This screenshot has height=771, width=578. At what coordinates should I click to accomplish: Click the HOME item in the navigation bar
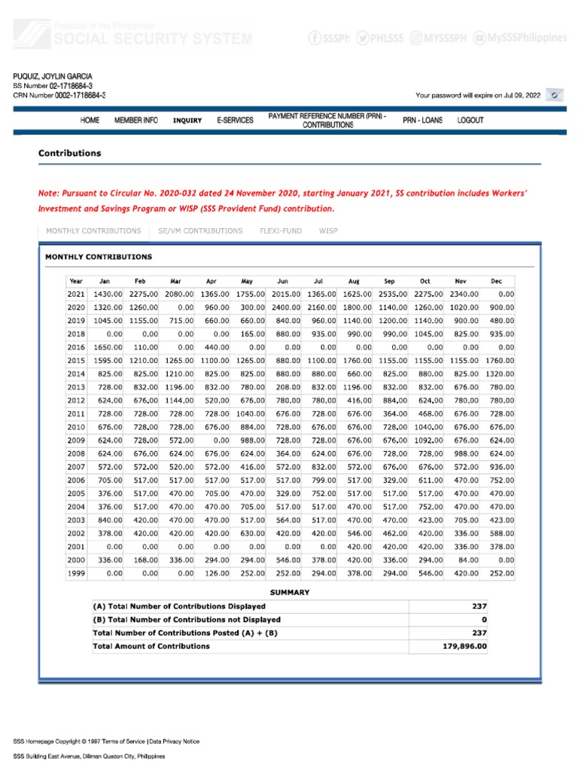click(x=90, y=120)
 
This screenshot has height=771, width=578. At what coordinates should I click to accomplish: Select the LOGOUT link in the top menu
click(x=470, y=120)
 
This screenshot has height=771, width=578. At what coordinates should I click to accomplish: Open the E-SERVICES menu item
click(x=235, y=120)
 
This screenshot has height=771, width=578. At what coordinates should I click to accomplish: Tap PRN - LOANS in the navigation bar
click(x=423, y=120)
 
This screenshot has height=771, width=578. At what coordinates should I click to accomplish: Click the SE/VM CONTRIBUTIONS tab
click(x=200, y=230)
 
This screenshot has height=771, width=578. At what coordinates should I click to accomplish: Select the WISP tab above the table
click(x=328, y=230)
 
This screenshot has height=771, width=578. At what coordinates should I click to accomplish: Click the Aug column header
click(x=354, y=281)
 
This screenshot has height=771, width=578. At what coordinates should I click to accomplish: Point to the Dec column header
click(x=496, y=281)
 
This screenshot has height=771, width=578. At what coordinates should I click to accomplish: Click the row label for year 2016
click(x=77, y=347)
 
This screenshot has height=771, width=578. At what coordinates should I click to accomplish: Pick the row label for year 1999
click(x=77, y=573)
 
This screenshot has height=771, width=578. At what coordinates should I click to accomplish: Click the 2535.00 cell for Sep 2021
click(x=391, y=294)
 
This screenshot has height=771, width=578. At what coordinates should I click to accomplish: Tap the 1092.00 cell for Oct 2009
click(x=427, y=440)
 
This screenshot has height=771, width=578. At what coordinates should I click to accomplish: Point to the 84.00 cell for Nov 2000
click(x=468, y=559)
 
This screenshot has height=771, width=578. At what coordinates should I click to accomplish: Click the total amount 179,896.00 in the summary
click(x=464, y=646)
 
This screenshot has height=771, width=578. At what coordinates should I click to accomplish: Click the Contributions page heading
click(x=69, y=153)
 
